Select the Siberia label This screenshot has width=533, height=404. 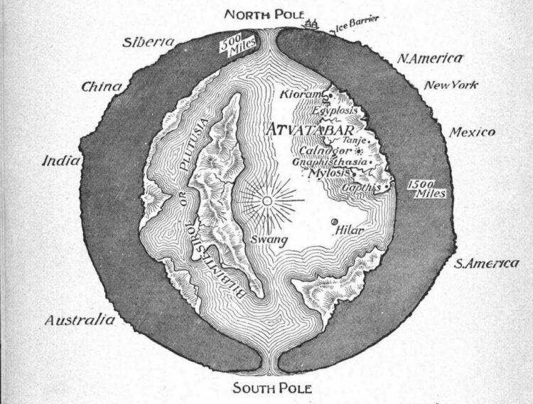tap(149, 42)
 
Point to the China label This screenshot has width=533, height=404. tap(102, 87)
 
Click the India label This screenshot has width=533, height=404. tap(61, 161)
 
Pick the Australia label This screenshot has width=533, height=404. tap(80, 320)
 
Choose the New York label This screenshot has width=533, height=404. tap(451, 85)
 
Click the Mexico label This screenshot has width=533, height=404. tap(473, 132)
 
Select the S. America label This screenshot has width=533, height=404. tap(486, 264)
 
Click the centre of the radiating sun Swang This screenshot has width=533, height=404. tap(267, 201)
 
